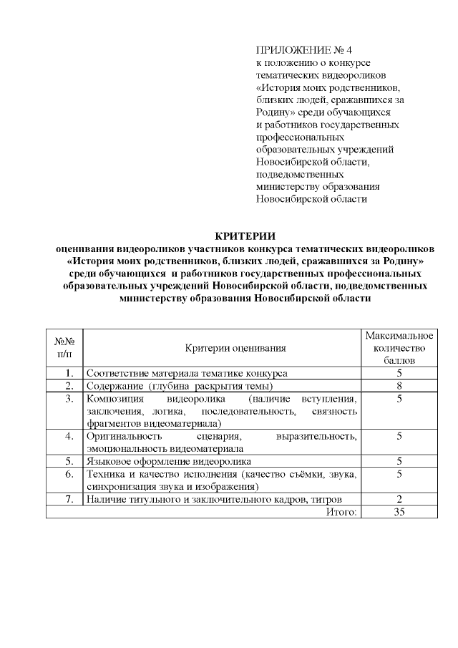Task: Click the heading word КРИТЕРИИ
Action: tap(245, 236)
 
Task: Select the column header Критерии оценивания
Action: tap(235, 348)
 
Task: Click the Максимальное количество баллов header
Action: tap(399, 348)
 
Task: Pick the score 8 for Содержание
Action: tap(399, 386)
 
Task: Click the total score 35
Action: tap(399, 511)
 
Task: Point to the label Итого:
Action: tap(343, 511)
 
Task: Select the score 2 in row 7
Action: tap(399, 499)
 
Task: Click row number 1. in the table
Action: tap(69, 374)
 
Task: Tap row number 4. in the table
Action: tap(69, 436)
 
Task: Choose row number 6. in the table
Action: tap(69, 474)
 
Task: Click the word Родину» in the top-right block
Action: tap(275, 112)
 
